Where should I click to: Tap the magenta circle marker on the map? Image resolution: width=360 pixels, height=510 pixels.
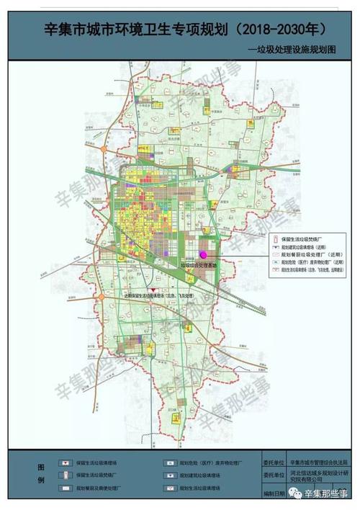(203, 254)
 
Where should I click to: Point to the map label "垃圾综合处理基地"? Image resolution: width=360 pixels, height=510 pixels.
(198, 264)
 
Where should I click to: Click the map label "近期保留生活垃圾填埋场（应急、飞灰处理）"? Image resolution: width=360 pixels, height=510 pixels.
(159, 295)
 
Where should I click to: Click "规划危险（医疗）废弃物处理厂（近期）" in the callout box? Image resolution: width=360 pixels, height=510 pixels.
(310, 264)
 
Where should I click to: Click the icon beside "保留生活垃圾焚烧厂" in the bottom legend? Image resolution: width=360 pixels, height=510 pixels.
(66, 476)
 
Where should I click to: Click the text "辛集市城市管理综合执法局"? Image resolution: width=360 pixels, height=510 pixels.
(317, 464)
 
